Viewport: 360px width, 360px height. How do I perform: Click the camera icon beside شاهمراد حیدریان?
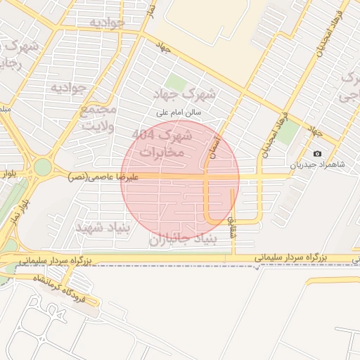(x=317, y=154)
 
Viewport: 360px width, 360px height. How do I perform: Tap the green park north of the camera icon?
(x=285, y=134)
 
